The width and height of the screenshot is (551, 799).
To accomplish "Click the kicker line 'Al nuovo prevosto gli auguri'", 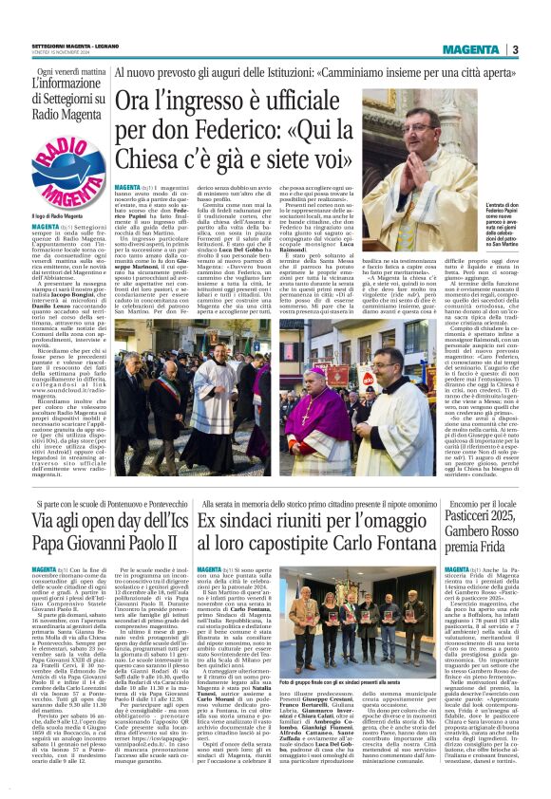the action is click(190, 73).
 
